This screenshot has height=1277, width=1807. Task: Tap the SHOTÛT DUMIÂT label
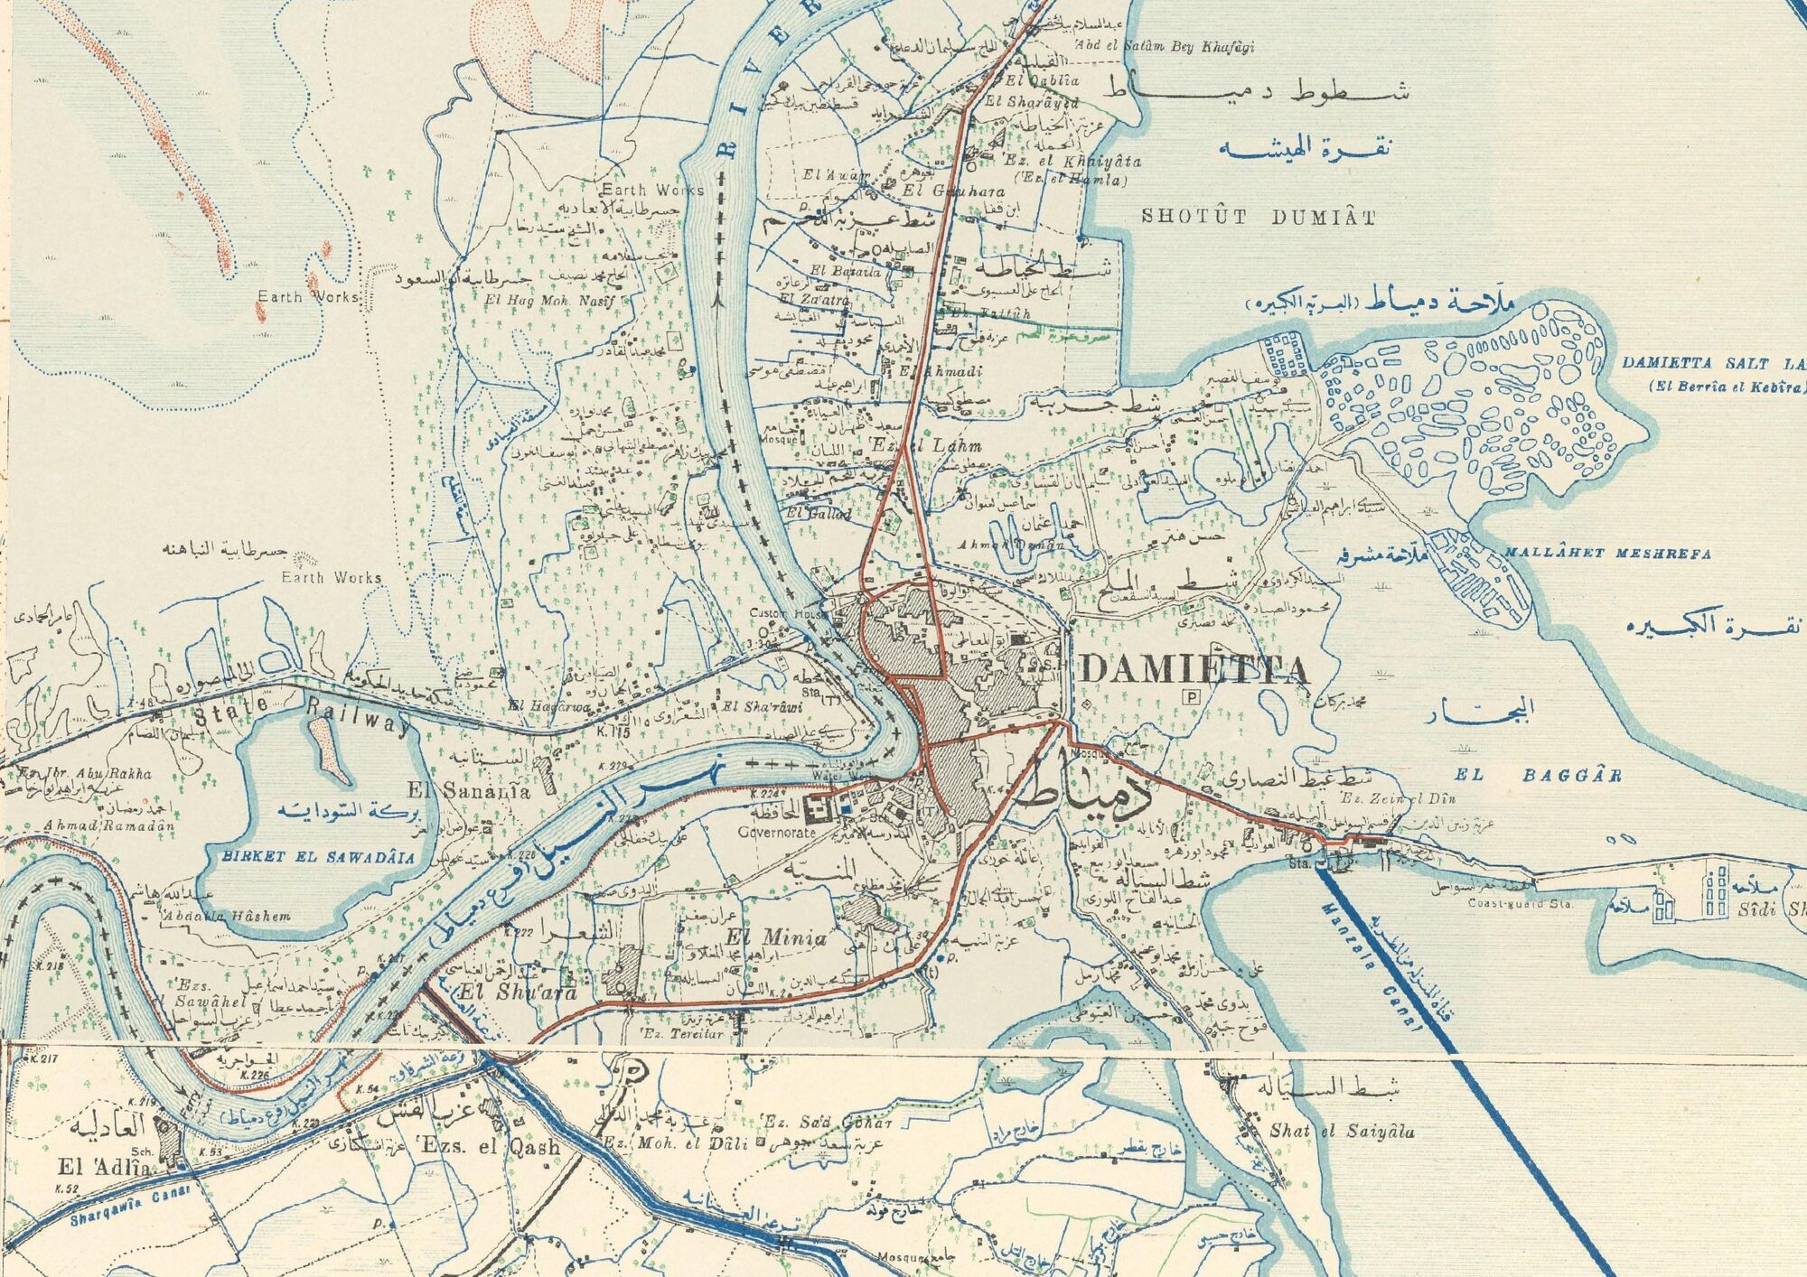(x=1258, y=217)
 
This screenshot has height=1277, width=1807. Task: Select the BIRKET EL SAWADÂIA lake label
(x=312, y=857)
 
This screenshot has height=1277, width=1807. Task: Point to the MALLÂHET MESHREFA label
(x=1606, y=554)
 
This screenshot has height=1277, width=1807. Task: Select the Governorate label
(x=777, y=832)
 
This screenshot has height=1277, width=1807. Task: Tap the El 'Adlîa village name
(x=98, y=1169)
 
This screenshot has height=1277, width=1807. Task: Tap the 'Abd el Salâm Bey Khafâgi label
(x=1164, y=47)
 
